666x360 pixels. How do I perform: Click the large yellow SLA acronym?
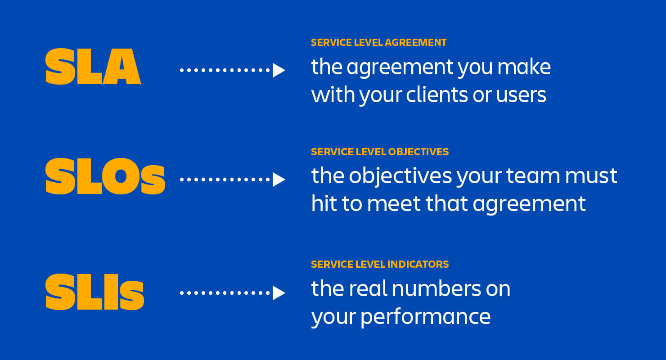(x=93, y=67)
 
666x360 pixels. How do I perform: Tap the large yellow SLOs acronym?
(x=105, y=177)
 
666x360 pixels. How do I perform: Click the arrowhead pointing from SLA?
(x=279, y=70)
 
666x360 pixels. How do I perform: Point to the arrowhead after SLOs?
(x=279, y=180)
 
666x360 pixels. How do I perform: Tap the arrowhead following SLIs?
(x=279, y=293)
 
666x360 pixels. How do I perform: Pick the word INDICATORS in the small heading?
(x=418, y=264)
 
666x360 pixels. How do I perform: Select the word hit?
(x=323, y=204)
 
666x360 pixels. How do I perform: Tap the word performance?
(x=425, y=317)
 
